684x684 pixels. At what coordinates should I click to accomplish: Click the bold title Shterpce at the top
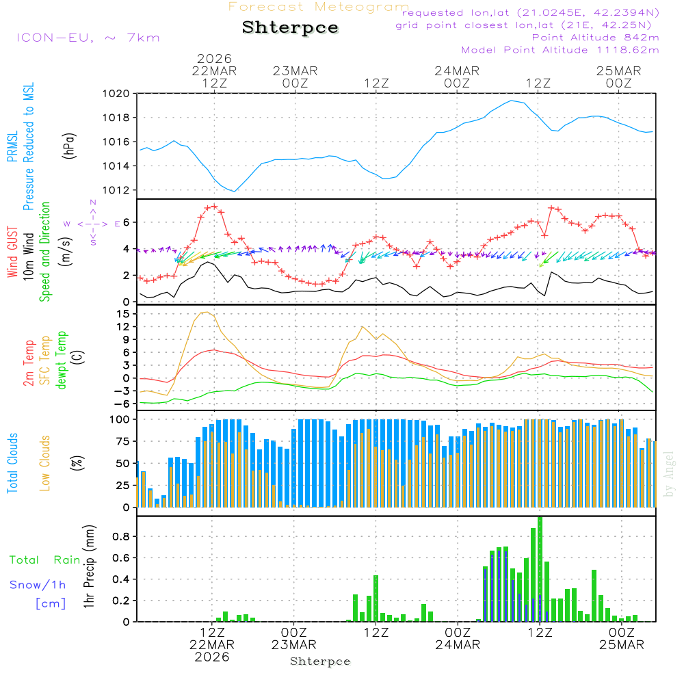(x=290, y=28)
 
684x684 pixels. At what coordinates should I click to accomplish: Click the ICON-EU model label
(x=88, y=38)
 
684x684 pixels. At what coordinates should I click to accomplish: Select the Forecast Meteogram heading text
(x=319, y=7)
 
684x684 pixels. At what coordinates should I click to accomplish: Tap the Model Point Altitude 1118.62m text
(x=560, y=50)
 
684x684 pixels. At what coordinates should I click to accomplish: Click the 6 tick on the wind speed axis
(x=127, y=222)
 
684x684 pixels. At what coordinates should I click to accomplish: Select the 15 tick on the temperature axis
(x=123, y=314)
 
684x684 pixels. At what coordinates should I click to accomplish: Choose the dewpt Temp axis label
(x=62, y=360)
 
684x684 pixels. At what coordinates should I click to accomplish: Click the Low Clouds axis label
(x=45, y=462)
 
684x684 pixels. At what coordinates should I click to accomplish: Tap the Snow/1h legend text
(x=38, y=585)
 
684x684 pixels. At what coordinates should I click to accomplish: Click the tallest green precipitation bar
(x=540, y=569)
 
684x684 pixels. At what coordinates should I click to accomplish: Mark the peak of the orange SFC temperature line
(x=205, y=312)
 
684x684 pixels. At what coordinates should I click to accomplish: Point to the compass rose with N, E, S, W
(x=92, y=223)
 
